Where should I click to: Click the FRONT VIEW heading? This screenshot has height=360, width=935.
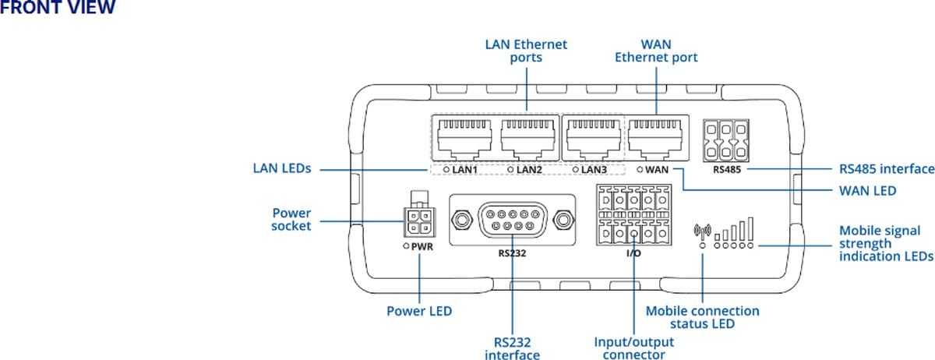tap(58, 8)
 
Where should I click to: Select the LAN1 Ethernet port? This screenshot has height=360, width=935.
tap(464, 139)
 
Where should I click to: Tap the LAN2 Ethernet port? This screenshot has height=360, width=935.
tap(528, 139)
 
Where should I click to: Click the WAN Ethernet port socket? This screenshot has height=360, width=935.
tap(658, 139)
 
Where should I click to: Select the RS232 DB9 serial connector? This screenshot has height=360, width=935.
tap(512, 220)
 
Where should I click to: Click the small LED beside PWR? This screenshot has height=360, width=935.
tap(406, 246)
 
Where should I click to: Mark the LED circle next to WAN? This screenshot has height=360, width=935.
tap(640, 169)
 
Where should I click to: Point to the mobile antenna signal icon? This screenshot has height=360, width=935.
tap(702, 231)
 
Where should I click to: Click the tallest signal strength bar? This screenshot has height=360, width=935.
tap(751, 228)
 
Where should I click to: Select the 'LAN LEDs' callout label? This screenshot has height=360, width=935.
tap(281, 168)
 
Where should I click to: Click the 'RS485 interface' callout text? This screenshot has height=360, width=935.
tap(886, 168)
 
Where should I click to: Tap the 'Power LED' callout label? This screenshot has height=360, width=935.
tap(419, 311)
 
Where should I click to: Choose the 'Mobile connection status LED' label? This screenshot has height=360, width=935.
tap(702, 317)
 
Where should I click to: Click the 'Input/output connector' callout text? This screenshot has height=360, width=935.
tap(633, 348)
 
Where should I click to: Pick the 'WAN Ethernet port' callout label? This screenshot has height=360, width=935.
tap(655, 51)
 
